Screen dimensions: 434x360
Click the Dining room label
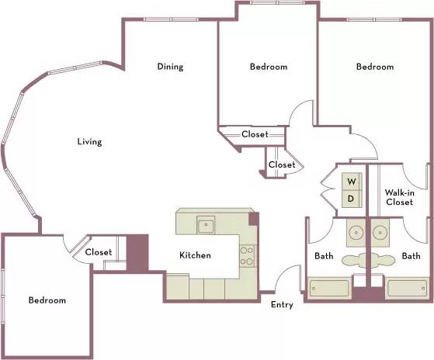point(170,67)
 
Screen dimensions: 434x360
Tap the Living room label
point(89,142)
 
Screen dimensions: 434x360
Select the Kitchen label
point(195,255)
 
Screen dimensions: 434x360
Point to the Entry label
point(282,305)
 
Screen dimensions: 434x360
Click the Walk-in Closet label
point(399,197)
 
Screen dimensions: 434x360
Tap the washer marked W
point(352,182)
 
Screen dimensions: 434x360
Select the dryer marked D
point(352,199)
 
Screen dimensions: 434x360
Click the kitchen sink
point(206,225)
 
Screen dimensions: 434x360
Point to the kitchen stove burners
point(247,256)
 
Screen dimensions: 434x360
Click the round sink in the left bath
point(356,233)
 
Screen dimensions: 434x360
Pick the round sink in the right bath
point(380,233)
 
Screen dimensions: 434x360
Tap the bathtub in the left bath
point(329,289)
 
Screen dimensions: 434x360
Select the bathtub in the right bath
point(407,289)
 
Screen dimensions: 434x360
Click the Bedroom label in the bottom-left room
point(47,300)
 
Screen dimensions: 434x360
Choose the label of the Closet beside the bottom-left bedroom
point(99,252)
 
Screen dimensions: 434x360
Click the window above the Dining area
point(171,19)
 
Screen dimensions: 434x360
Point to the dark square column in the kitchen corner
point(254,219)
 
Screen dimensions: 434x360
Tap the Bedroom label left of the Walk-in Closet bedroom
point(269,67)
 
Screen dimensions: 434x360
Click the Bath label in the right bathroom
point(411,256)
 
